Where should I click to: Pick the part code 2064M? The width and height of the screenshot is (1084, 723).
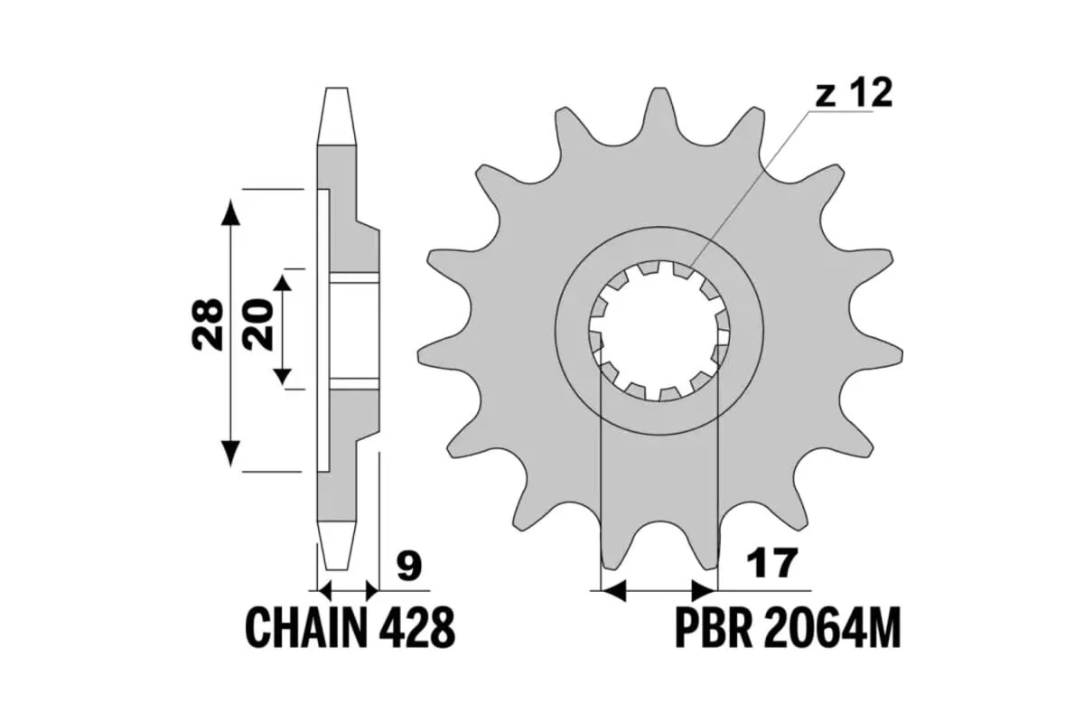[x=831, y=627]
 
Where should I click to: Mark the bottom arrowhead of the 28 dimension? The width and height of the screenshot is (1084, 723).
[x=232, y=450]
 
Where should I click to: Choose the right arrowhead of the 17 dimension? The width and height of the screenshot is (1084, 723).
[x=703, y=592]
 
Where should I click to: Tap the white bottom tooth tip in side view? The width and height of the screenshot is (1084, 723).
[x=335, y=546]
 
